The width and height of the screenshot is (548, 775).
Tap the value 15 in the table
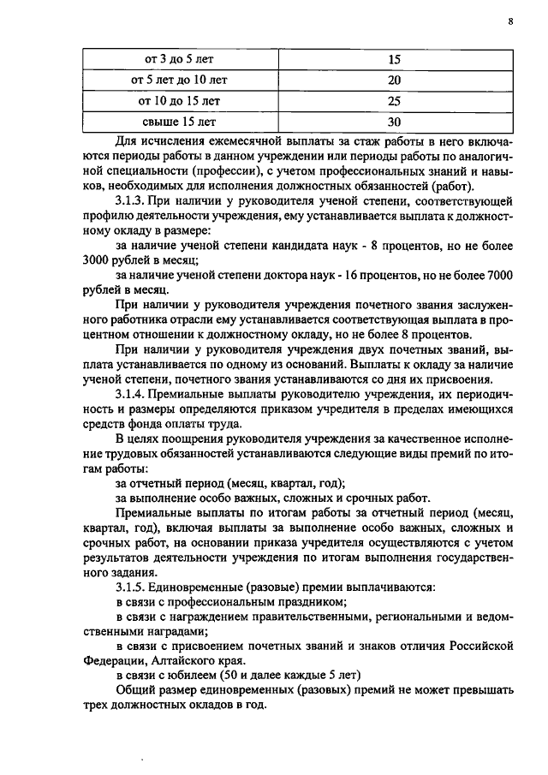(395, 59)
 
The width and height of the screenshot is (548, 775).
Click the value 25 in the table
(395, 100)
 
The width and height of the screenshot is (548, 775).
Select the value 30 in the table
(395, 121)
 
